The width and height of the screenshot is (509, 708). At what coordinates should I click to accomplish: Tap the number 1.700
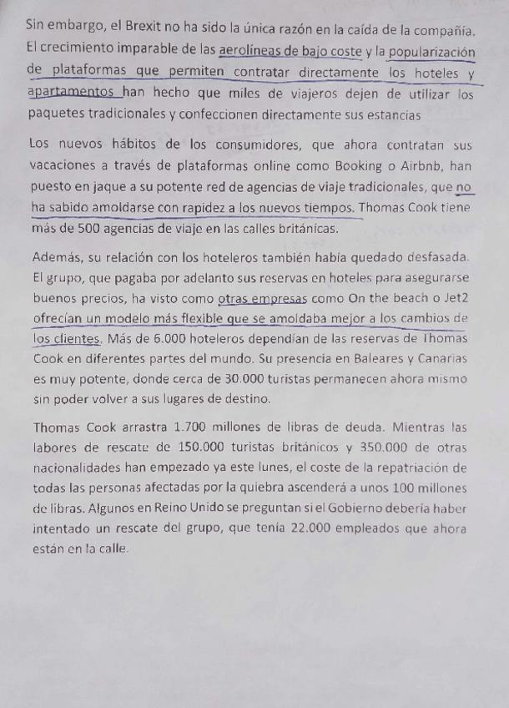pyautogui.click(x=172, y=427)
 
